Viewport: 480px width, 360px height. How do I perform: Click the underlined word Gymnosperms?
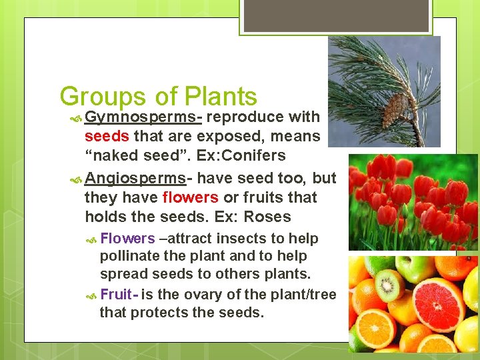point(143,117)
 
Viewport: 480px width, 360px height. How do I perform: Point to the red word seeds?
point(107,136)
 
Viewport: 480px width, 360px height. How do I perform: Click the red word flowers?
point(190,197)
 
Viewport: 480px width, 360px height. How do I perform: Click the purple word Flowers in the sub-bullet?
point(127,239)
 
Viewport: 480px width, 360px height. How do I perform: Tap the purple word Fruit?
point(116,294)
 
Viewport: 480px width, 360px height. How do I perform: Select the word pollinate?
point(129,256)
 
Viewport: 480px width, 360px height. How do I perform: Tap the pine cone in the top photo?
point(397,107)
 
